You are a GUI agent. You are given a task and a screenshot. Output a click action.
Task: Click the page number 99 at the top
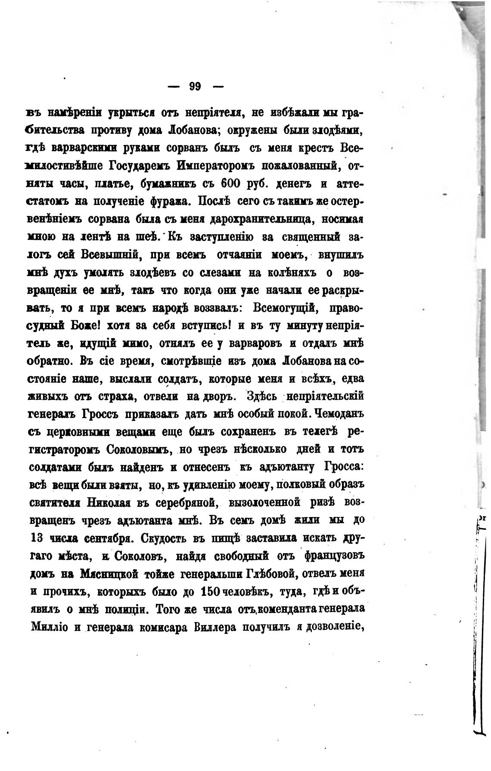[x=195, y=87]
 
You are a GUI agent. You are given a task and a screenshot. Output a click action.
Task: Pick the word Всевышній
[x=109, y=254]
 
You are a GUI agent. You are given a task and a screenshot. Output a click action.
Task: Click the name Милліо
[x=48, y=627]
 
